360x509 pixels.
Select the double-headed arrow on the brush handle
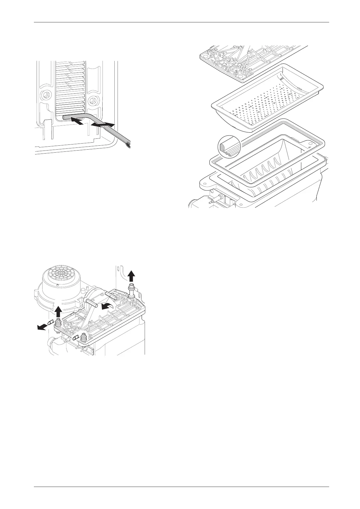[103, 124]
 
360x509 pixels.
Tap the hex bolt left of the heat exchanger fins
[46, 94]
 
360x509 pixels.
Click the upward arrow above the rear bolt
[131, 276]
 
